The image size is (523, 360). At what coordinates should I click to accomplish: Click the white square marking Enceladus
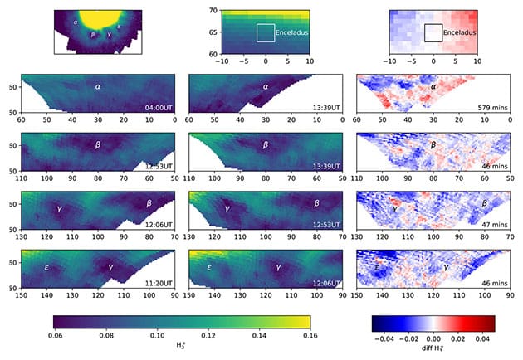click(265, 33)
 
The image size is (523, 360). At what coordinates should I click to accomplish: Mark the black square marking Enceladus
click(433, 33)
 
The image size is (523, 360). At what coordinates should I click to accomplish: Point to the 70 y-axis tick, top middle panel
click(211, 10)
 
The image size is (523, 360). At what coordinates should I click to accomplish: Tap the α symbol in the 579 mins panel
click(433, 85)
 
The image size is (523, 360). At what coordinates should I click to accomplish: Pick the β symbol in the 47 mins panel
click(484, 202)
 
